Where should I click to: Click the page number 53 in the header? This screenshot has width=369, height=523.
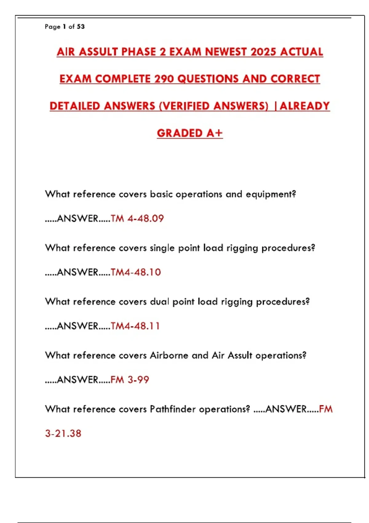click(x=81, y=27)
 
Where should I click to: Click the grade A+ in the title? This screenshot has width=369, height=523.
click(x=214, y=133)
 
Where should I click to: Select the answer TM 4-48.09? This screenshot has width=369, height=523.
click(x=137, y=218)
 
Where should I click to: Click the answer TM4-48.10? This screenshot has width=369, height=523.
click(x=136, y=272)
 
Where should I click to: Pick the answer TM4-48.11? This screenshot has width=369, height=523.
click(x=135, y=326)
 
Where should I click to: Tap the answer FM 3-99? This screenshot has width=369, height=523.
click(x=129, y=380)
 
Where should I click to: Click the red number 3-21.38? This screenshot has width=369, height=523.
click(x=63, y=433)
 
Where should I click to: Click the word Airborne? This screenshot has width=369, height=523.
click(x=169, y=355)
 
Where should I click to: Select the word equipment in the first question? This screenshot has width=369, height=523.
click(x=270, y=194)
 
